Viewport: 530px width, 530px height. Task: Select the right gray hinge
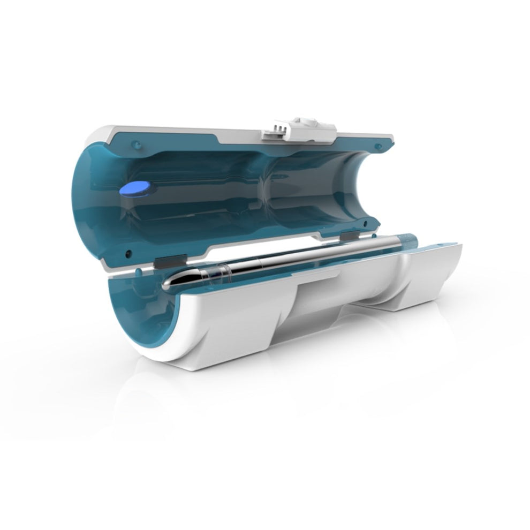(x=348, y=236)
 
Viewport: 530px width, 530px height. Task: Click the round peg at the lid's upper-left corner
(x=136, y=143)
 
